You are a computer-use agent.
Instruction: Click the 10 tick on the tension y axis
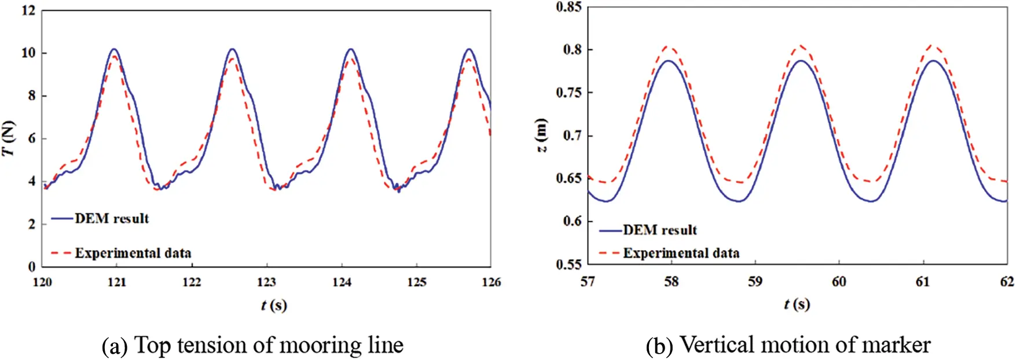28,53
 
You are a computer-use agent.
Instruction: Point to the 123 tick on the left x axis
266,282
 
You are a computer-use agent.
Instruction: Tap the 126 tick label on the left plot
491,282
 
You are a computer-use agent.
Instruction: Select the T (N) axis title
8,138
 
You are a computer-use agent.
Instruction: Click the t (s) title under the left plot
273,305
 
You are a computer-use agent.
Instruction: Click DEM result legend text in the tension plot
112,218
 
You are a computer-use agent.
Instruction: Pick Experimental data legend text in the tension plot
133,253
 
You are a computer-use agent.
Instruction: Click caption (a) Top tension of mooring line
252,345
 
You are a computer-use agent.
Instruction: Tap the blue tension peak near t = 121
114,49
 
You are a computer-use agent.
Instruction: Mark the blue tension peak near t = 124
351,49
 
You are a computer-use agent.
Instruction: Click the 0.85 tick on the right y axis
568,7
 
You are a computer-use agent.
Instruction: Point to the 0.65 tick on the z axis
568,178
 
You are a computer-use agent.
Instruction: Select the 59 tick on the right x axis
755,282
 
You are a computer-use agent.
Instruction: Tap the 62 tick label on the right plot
1007,282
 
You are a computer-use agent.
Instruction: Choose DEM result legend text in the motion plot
659,230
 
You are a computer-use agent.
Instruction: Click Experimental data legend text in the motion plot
681,253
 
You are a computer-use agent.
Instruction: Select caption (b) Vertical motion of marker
788,345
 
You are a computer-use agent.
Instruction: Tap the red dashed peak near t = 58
670,46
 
